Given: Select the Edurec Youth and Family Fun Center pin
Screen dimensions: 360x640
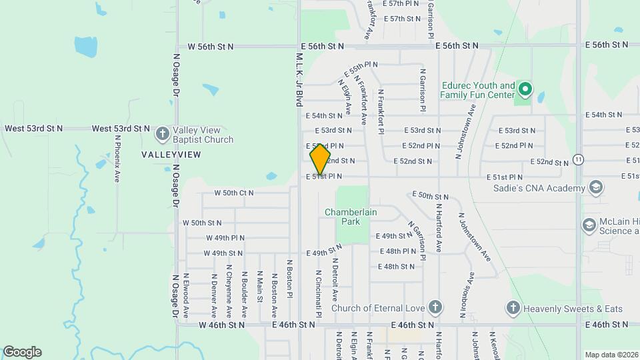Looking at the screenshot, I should tap(525, 89).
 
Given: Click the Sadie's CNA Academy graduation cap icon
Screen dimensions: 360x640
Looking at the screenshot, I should tap(595, 188).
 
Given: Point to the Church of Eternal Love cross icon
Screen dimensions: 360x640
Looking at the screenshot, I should tap(435, 308).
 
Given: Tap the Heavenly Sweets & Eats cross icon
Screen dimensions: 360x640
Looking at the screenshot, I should tap(513, 308).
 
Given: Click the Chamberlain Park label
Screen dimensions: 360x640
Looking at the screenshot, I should tap(351, 217).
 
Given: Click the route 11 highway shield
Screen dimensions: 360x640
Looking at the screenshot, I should tap(578, 159).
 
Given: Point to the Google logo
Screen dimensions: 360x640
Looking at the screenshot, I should tap(22, 352).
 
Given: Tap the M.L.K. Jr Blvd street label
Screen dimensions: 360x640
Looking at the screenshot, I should tap(299, 79).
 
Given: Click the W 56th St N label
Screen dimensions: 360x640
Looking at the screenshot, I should tap(211, 47).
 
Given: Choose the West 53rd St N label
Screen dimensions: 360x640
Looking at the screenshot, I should tap(33, 128).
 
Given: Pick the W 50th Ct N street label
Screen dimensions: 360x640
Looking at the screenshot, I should tap(233, 193).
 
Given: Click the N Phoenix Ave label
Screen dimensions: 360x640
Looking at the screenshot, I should tap(117, 159).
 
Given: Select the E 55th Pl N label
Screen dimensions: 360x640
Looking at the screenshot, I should tap(361, 69).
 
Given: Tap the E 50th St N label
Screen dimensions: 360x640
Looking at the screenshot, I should tap(430, 195).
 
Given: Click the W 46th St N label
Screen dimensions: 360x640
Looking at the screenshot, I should tap(221, 325).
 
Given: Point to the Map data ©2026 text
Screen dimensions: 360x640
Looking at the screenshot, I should tap(611, 355).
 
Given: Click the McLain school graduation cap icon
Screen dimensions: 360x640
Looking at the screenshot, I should tap(589, 225).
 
